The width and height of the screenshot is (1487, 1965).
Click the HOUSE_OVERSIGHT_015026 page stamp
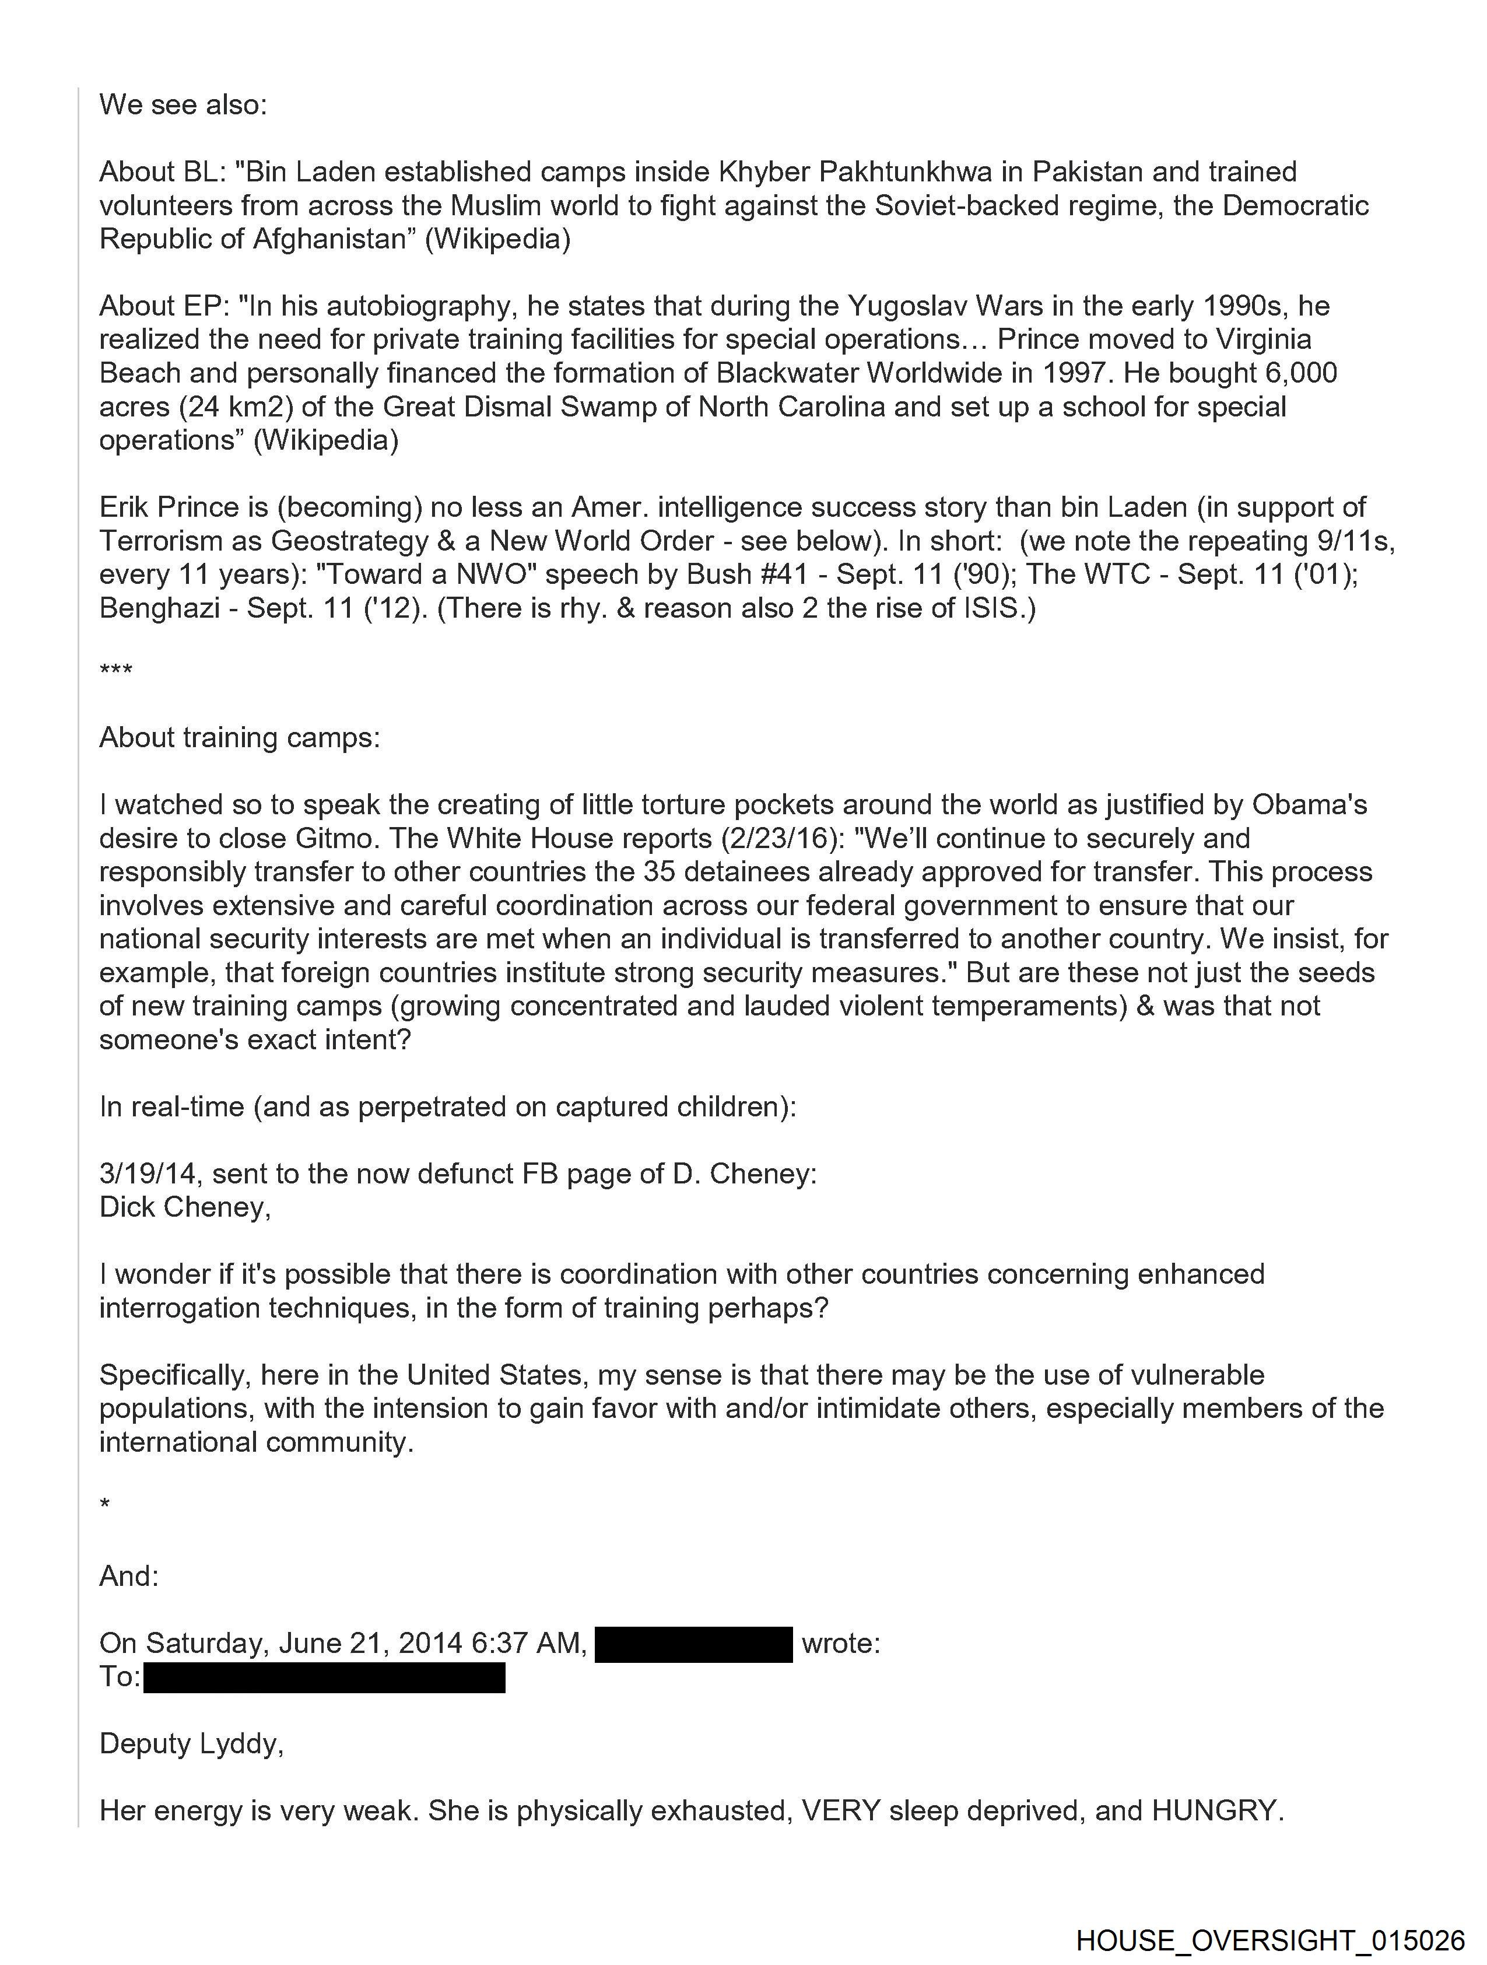[1270, 1939]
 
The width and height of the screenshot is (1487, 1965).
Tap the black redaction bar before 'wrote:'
[693, 1644]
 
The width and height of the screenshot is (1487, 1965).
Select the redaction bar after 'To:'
[324, 1677]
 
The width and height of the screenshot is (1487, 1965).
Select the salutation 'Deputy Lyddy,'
[191, 1744]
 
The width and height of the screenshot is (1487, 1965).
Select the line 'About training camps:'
[239, 737]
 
